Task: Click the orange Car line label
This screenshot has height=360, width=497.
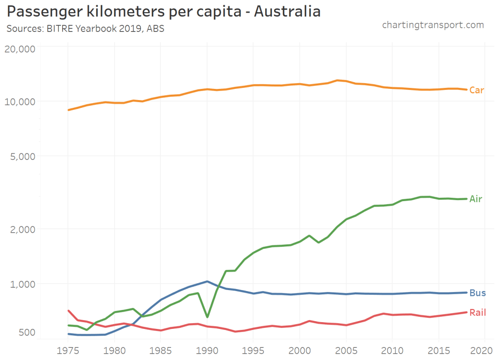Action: click(477, 90)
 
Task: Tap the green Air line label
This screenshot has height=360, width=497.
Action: click(476, 199)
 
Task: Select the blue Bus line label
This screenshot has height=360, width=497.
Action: click(478, 293)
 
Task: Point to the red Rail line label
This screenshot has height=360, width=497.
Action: click(478, 312)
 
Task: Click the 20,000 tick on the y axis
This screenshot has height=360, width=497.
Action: click(20, 49)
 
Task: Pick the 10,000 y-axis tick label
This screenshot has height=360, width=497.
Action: click(20, 102)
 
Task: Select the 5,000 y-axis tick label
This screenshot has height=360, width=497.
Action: click(22, 156)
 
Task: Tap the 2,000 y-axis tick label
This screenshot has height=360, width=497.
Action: click(22, 229)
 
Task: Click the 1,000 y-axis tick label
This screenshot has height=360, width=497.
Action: click(22, 284)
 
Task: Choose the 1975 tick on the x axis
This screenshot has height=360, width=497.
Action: click(69, 350)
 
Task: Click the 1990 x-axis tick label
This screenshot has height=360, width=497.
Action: click(207, 350)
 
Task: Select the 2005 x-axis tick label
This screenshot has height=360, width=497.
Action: click(346, 350)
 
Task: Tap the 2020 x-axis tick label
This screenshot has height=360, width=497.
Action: click(485, 350)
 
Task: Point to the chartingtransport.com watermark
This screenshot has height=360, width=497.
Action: click(433, 25)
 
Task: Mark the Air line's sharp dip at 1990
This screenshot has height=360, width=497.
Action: click(207, 317)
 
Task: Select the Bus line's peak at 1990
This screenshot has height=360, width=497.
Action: click(207, 281)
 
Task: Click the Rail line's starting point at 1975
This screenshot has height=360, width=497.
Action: click(69, 310)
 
